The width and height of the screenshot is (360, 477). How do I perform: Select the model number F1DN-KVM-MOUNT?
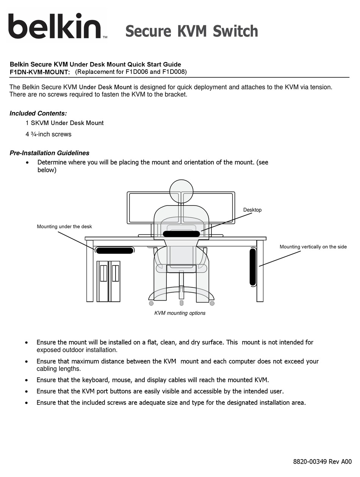(x=40, y=72)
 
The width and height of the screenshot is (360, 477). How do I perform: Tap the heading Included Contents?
(x=38, y=113)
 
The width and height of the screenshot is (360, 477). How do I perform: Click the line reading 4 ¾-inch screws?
(x=49, y=134)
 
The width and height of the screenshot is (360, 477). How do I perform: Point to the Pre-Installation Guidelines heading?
(x=49, y=153)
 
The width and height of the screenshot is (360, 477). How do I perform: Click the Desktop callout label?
(x=252, y=210)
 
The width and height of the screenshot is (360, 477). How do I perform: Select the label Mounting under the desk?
(x=64, y=226)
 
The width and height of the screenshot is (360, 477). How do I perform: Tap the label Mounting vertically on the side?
(x=313, y=246)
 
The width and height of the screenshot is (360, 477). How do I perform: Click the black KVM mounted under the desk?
(x=114, y=250)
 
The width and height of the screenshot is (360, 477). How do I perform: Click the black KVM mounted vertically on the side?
(x=253, y=267)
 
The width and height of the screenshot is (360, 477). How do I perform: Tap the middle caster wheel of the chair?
(x=182, y=303)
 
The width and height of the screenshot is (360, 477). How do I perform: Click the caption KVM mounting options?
(x=180, y=313)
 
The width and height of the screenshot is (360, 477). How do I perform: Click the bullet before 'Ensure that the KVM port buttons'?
(x=26, y=391)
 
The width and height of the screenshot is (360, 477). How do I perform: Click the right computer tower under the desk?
(x=115, y=281)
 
